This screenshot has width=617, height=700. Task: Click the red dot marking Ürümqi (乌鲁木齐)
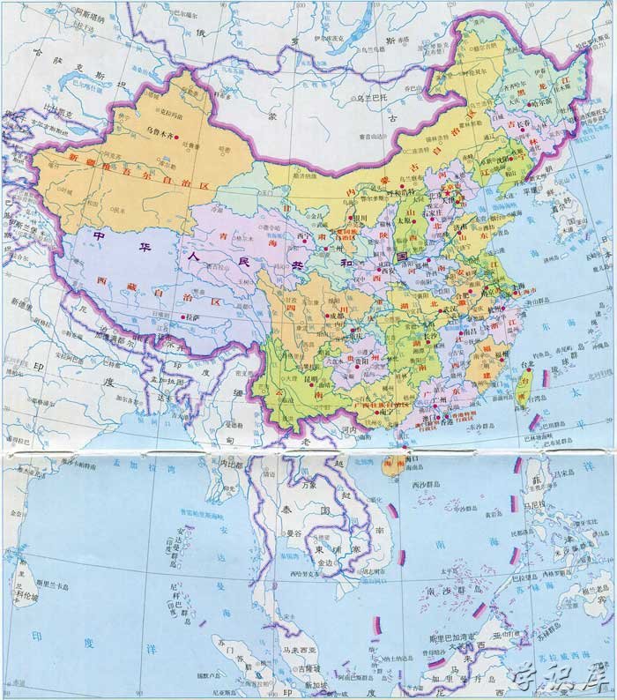[x=177, y=137]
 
